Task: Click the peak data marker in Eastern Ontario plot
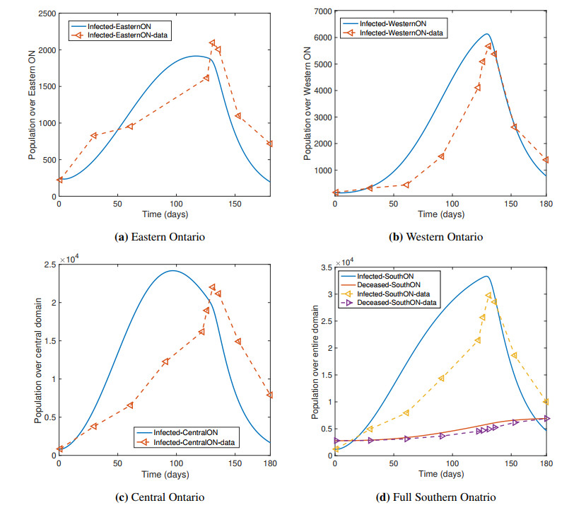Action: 213,44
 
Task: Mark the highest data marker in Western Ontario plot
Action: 488,47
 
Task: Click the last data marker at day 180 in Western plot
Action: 546,160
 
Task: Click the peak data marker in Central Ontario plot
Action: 212,287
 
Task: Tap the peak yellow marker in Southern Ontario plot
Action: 488,296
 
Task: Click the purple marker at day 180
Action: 546,418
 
